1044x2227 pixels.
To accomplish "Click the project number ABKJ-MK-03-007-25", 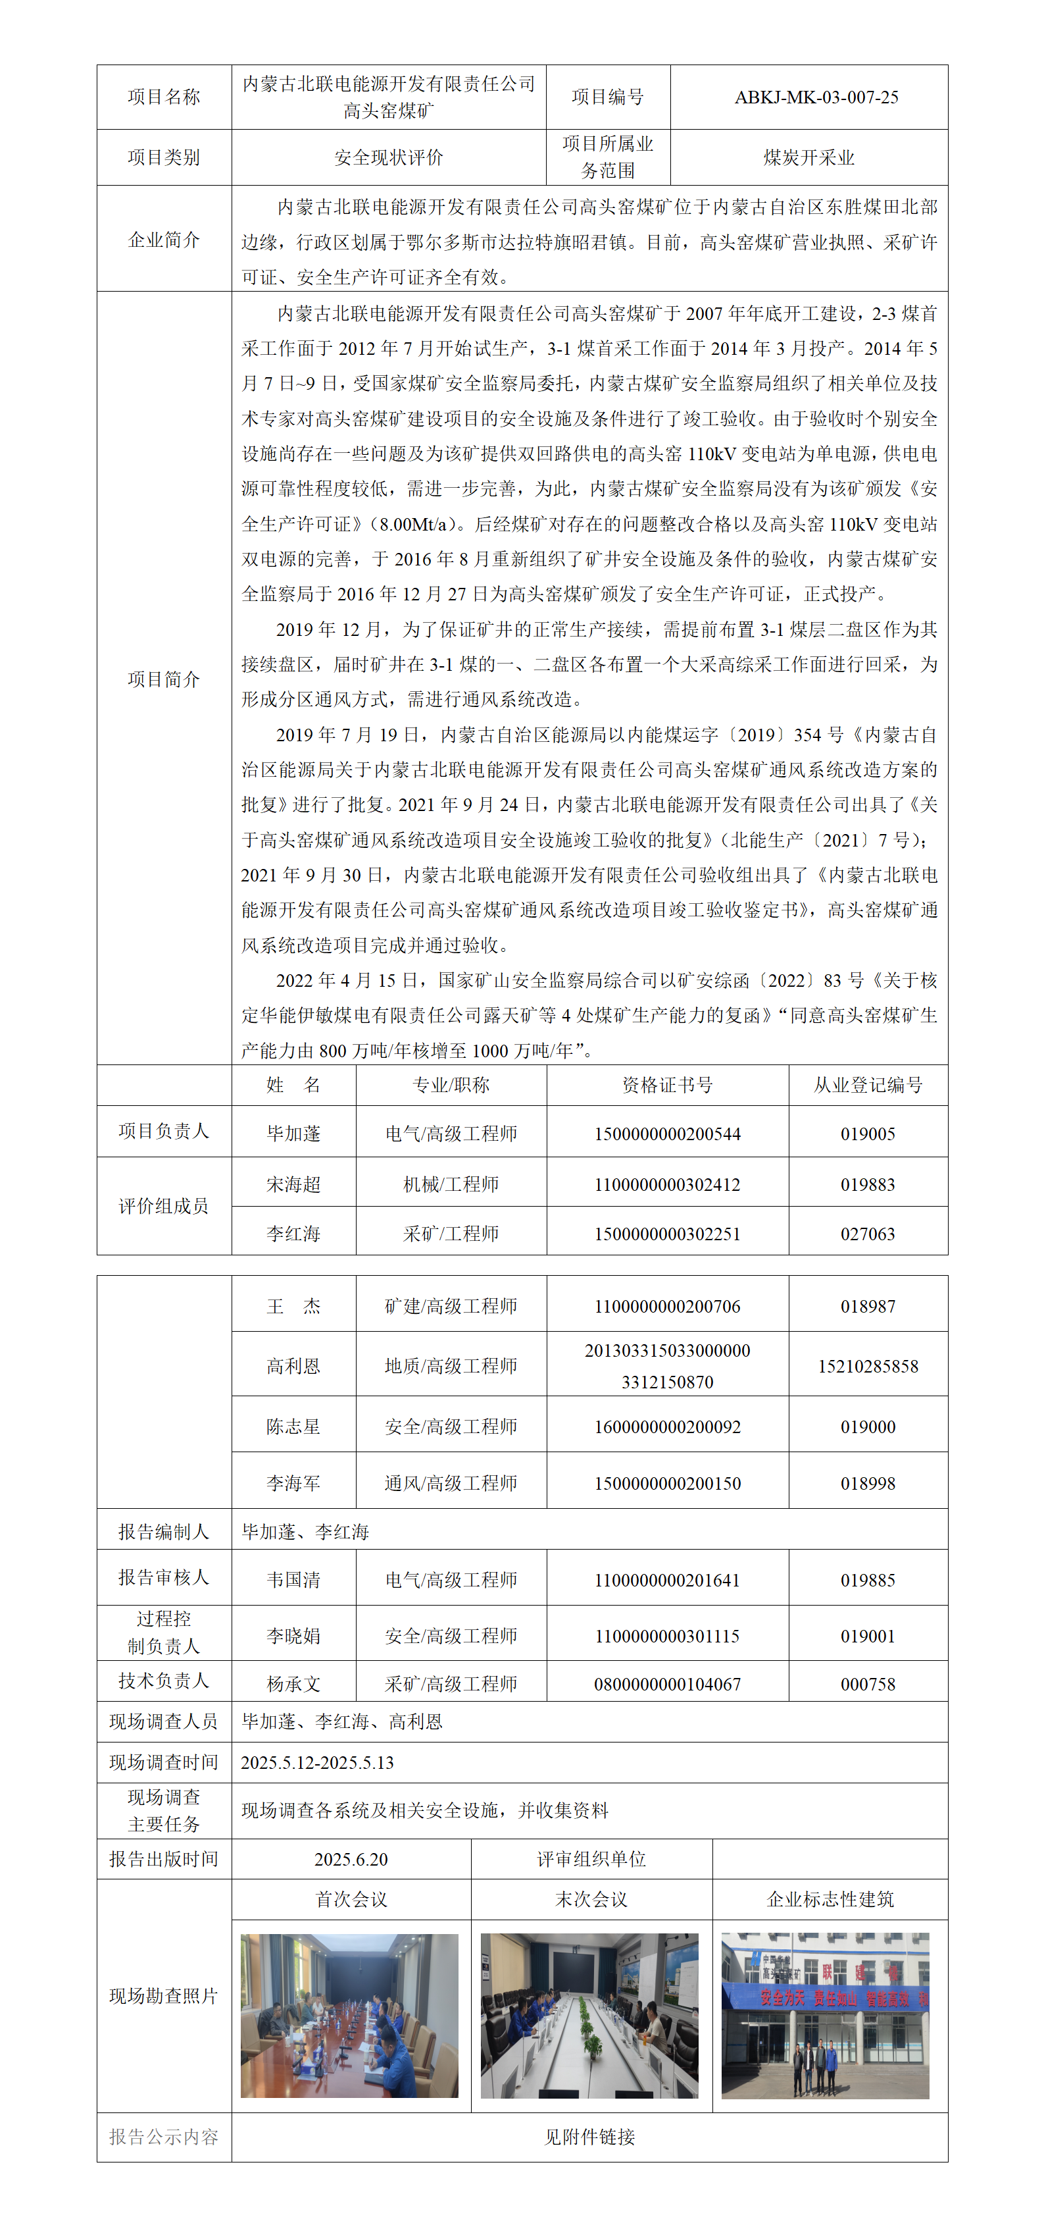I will click(816, 97).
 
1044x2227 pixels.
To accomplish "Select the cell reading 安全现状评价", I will click(388, 157).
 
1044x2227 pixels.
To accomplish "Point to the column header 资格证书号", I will click(667, 1085).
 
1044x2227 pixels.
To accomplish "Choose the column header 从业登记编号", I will click(868, 1085).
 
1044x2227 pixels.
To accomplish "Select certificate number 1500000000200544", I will click(667, 1134).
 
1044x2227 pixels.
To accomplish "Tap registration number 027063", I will click(868, 1234).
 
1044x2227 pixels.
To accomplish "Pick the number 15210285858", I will click(868, 1366).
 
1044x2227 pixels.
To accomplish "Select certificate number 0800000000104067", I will click(667, 1684).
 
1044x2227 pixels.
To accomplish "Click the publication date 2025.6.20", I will click(351, 1859).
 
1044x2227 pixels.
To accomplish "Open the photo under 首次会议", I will click(349, 2015).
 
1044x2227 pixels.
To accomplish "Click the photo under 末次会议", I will click(589, 2015).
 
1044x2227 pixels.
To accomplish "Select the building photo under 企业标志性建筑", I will click(826, 2015).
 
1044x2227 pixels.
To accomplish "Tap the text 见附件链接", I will click(589, 2137).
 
